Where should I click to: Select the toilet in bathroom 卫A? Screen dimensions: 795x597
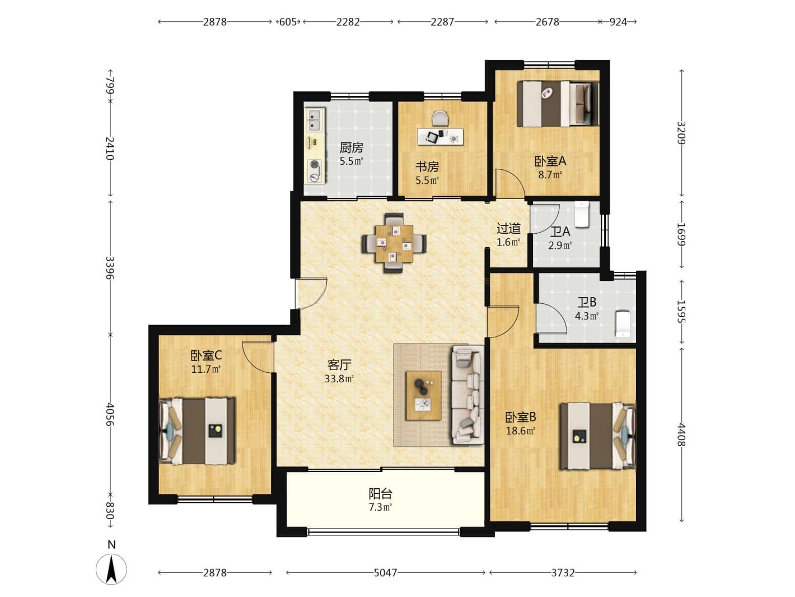(582, 214)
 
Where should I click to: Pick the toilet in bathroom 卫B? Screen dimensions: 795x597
(623, 323)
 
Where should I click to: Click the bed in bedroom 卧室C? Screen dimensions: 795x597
(197, 431)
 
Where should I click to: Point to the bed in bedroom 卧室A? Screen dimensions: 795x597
(558, 104)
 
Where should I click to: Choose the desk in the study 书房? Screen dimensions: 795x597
(441, 136)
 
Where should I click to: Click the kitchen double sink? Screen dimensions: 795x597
(314, 119)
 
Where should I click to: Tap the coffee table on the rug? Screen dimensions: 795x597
(423, 395)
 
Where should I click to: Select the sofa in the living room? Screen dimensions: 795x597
(467, 395)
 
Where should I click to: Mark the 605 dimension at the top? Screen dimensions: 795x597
(288, 22)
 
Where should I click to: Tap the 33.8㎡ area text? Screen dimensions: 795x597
(339, 379)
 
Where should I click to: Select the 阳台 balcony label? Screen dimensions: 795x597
(380, 493)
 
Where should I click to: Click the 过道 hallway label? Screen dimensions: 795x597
(508, 228)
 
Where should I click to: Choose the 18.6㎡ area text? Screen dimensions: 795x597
(521, 431)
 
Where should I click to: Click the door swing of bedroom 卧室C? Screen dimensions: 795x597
(258, 357)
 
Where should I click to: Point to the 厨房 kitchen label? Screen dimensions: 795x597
(352, 147)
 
